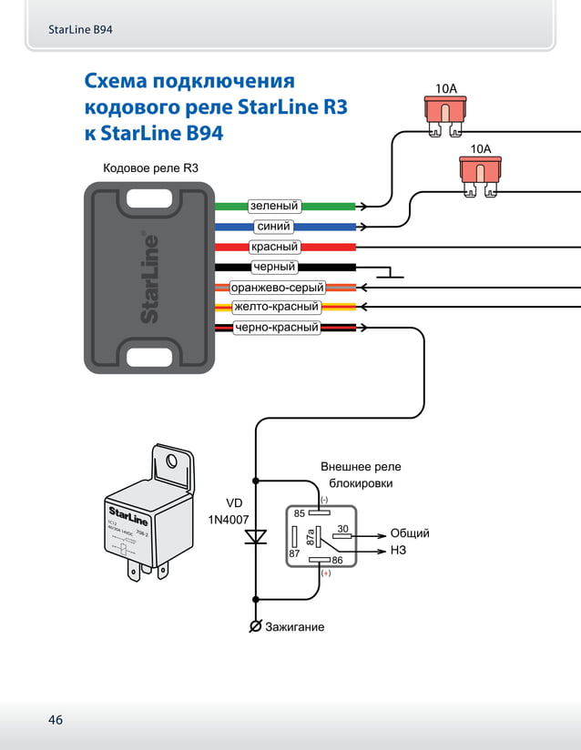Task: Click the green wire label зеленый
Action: point(274,207)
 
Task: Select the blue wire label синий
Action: point(273,227)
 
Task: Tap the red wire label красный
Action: point(274,247)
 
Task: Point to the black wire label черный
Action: point(274,267)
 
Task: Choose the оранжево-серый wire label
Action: point(277,288)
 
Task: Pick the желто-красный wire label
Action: point(276,307)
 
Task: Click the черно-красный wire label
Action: point(277,327)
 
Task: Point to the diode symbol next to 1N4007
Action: point(256,536)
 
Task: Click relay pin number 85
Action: point(299,514)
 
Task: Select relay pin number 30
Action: point(342,528)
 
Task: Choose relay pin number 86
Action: point(336,560)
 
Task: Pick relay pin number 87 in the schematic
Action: point(294,553)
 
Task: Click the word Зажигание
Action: point(294,627)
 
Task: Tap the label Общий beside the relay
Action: point(410,533)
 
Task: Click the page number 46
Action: point(56,720)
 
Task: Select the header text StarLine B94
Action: point(80,30)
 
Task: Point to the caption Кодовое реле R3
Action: point(150,168)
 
